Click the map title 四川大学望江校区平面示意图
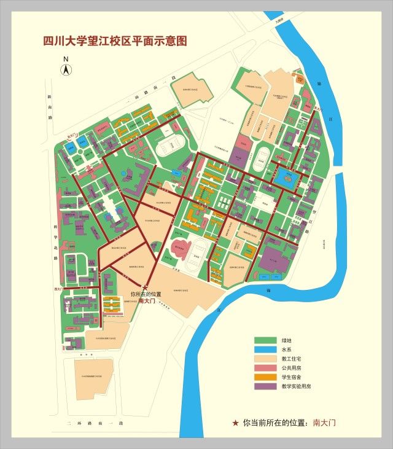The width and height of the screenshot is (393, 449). [x=115, y=42]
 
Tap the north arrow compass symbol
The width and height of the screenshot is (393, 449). [x=64, y=70]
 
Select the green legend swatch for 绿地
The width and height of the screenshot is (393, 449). [x=266, y=340]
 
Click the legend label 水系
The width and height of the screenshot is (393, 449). [x=287, y=349]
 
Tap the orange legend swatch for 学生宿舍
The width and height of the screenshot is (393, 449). [x=266, y=377]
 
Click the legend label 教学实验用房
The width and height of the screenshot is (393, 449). [x=297, y=386]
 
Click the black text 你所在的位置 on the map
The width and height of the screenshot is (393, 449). [x=146, y=294]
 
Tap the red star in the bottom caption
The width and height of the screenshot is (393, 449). [x=235, y=423]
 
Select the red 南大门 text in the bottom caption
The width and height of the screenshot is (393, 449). [x=324, y=423]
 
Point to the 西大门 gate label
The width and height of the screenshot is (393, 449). [x=59, y=287]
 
